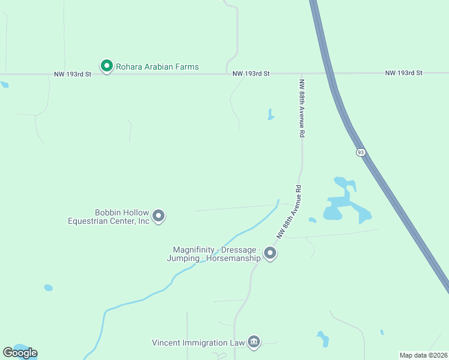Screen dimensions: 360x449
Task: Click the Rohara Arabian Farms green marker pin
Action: click(107, 65)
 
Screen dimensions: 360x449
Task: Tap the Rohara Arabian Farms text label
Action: click(157, 67)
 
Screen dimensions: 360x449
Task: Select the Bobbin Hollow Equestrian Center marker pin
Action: click(158, 215)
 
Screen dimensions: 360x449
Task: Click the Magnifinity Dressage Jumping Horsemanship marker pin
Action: click(270, 253)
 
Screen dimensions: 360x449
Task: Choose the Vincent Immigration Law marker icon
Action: click(254, 342)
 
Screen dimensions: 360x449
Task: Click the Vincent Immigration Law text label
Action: click(199, 343)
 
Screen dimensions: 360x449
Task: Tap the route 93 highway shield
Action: click(360, 152)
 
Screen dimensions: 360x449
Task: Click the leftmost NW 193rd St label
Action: click(73, 74)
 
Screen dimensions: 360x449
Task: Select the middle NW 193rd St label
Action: click(252, 73)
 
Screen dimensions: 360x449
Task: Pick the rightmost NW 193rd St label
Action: click(404, 73)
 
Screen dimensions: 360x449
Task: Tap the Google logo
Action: click(20, 353)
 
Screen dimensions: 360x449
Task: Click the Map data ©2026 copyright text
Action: click(423, 355)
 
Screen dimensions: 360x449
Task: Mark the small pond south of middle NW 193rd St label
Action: click(271, 115)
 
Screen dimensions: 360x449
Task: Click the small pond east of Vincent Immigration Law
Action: click(323, 339)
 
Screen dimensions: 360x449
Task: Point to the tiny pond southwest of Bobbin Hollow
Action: click(48, 287)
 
